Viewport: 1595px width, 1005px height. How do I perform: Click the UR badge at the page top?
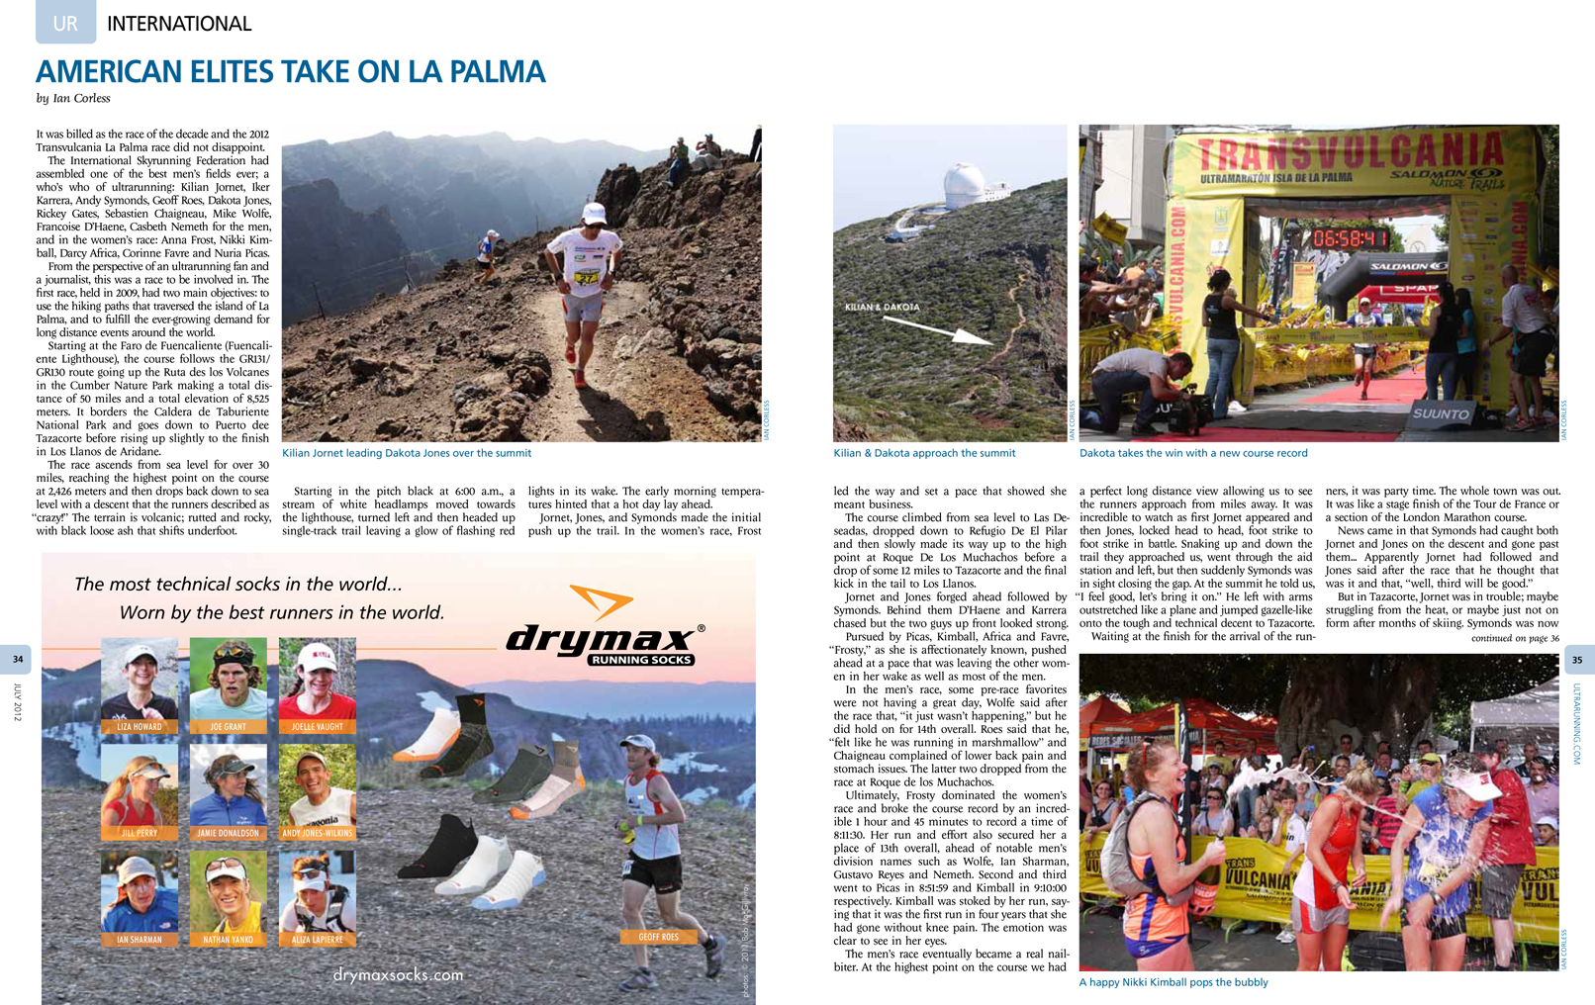point(65,23)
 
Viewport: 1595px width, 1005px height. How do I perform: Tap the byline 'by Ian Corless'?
point(73,99)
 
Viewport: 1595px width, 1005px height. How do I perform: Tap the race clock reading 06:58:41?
point(1350,238)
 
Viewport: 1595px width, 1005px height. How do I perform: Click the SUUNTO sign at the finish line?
point(1441,413)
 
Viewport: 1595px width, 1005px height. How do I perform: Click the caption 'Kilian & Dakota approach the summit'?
point(924,453)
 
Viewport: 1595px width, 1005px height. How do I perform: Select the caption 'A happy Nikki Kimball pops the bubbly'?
point(1173,982)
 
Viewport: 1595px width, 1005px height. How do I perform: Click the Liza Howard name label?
point(140,727)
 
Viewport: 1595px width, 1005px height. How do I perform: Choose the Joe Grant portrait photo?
point(228,679)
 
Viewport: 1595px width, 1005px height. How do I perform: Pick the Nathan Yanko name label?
point(229,940)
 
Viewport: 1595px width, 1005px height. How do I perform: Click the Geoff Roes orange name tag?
point(658,937)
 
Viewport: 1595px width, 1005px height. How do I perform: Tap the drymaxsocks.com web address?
point(398,974)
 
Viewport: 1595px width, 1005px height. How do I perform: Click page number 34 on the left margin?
point(18,659)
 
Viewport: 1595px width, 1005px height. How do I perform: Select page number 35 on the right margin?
point(1577,660)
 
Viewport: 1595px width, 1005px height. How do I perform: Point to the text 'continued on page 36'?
point(1514,639)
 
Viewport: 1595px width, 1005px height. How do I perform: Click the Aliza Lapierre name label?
point(317,940)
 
